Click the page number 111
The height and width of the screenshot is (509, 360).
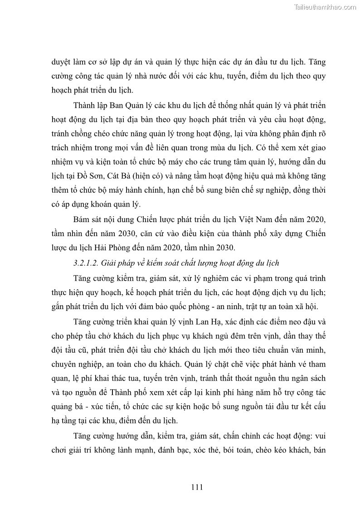196,487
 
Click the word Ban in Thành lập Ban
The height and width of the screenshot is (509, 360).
119,106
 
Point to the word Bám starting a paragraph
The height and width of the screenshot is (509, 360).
82,220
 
